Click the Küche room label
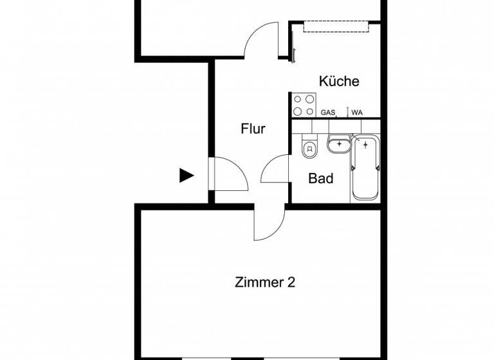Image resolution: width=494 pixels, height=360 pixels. pos(339,82)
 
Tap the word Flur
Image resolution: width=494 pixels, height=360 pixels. pos(253,129)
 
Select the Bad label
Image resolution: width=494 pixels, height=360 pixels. pos(321,178)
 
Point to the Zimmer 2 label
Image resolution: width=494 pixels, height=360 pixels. pos(265,282)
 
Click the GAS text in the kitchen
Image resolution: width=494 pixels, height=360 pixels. pos(328,113)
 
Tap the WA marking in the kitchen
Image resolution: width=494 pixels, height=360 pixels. pos(356,113)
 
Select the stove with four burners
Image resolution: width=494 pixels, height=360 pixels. pos(304,105)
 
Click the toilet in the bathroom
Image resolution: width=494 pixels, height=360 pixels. pos(309,149)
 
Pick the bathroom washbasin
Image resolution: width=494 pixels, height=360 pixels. pos(338,145)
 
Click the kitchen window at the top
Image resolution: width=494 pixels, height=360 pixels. pos(336,26)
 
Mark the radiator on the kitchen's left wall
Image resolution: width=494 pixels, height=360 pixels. pos(293,46)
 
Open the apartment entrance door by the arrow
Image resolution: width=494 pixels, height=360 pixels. pos(228,174)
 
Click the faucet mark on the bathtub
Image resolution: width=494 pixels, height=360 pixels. pos(365,145)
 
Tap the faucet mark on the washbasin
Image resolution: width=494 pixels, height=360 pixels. pos(339,143)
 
